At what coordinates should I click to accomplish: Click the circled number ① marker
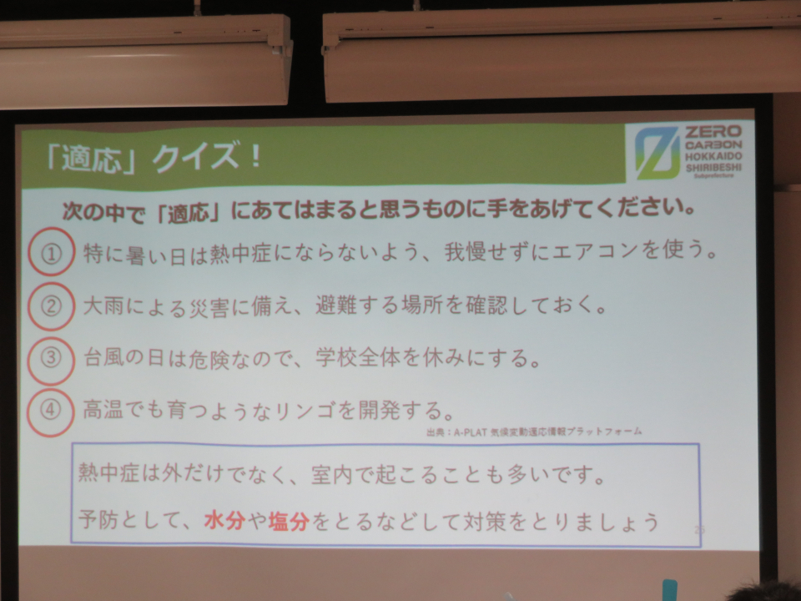(x=51, y=252)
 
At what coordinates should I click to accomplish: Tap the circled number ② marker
(x=51, y=306)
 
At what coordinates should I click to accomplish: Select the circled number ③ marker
(x=51, y=359)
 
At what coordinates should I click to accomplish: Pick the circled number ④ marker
(x=51, y=412)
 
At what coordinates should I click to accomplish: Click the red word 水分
(x=224, y=520)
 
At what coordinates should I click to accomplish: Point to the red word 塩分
(x=290, y=521)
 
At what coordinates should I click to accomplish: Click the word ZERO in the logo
(x=713, y=131)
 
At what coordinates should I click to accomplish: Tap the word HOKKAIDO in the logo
(x=713, y=156)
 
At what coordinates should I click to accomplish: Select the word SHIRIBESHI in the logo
(x=713, y=168)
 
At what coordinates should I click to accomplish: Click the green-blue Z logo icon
(x=657, y=153)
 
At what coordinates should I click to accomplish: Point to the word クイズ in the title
(x=195, y=157)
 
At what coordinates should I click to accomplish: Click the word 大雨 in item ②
(x=103, y=306)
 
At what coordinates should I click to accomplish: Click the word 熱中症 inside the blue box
(x=108, y=473)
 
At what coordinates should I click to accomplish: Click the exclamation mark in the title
(x=256, y=155)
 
